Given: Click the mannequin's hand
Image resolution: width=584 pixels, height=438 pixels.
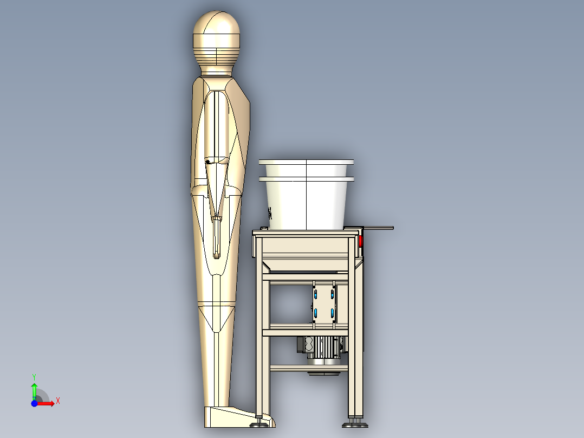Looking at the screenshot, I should pos(217,239).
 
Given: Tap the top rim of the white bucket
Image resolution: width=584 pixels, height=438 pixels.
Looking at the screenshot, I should pos(306,162).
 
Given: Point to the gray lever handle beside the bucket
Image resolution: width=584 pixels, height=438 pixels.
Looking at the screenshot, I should pos(379,228).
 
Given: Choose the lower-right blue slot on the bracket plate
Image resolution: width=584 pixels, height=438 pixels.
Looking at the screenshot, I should pos(332,313).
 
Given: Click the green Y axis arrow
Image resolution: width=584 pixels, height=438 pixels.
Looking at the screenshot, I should pos(34,389).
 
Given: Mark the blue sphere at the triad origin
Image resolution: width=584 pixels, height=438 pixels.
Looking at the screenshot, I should pos(34,404).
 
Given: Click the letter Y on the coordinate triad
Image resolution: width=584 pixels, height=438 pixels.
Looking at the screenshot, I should pos(34,376).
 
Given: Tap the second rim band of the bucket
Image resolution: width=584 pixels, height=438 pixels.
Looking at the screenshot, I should pos(306,178).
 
